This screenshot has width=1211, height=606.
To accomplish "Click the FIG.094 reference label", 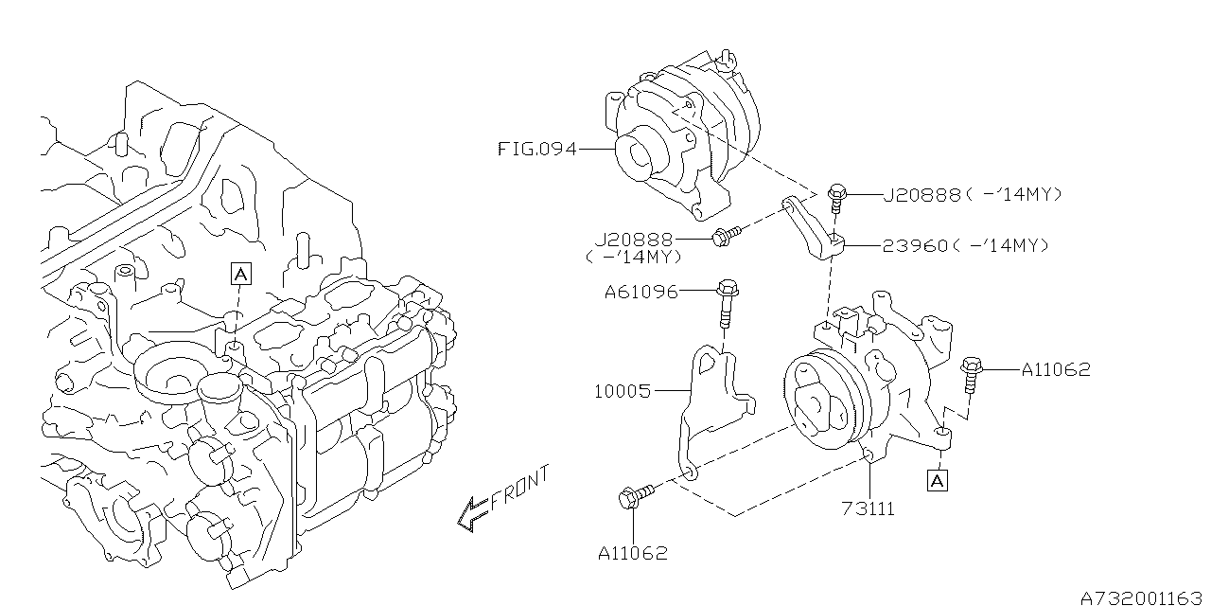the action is click(537, 149).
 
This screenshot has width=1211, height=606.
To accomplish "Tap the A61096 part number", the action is click(641, 293).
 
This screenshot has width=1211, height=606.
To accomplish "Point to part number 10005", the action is click(623, 391).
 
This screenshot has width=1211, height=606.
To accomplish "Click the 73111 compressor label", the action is click(869, 508).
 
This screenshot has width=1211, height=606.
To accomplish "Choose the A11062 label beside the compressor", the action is click(1056, 369).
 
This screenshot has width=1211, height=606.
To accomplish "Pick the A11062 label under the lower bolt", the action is click(633, 553).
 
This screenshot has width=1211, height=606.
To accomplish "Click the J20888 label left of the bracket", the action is click(634, 240).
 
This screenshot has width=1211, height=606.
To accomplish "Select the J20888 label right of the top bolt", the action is click(922, 194).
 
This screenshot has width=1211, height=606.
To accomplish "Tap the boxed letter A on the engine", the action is click(241, 274).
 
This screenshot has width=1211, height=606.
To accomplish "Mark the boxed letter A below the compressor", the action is click(937, 480).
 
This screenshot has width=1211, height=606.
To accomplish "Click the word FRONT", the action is click(520, 491).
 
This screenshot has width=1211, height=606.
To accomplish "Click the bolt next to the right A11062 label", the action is click(971, 373).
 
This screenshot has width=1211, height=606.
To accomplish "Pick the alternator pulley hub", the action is click(641, 153).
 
